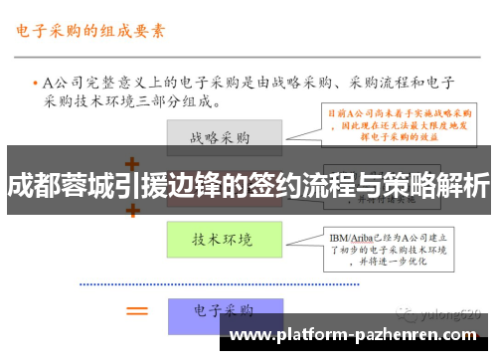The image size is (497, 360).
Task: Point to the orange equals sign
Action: (x=136, y=310)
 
